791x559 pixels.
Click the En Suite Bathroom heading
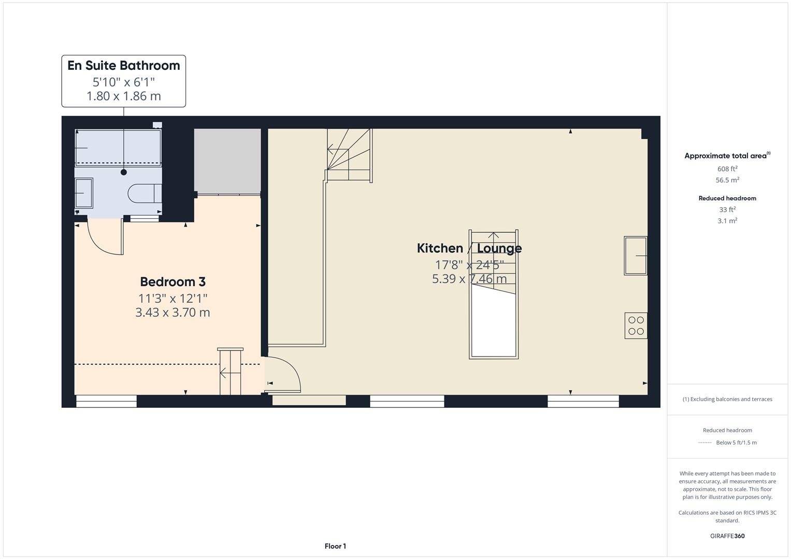tap(123, 66)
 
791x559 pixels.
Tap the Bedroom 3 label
tap(172, 282)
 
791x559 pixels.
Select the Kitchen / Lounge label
tap(469, 248)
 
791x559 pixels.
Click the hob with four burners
tap(636, 326)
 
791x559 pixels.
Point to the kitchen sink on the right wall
tap(636, 256)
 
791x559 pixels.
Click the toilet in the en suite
tap(144, 193)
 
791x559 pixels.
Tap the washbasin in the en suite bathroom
tap(84, 193)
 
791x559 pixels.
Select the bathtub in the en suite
tap(118, 148)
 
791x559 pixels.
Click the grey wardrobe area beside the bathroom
tap(227, 161)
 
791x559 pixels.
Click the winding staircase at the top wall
tap(349, 155)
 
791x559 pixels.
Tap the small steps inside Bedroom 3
tap(230, 372)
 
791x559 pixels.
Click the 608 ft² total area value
tap(727, 169)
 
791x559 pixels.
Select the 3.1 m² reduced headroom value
tap(727, 221)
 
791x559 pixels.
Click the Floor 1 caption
tap(335, 546)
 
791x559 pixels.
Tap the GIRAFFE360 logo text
tap(727, 536)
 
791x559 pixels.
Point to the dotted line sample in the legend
tap(705, 443)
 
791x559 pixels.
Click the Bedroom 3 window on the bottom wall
tap(106, 401)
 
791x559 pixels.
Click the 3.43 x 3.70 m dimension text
tap(172, 313)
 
